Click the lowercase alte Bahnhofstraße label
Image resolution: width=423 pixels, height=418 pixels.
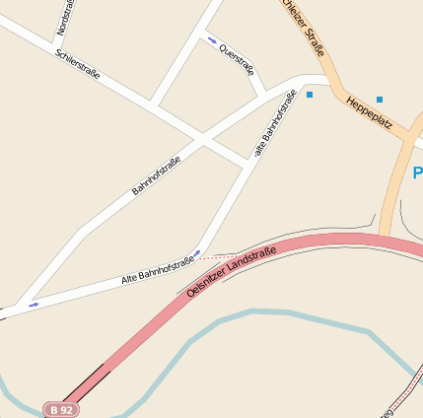(275, 124)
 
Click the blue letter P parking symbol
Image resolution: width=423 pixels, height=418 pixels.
(417, 174)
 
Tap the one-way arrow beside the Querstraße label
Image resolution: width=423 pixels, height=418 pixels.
(212, 40)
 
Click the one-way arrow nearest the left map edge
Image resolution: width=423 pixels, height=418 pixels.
(35, 305)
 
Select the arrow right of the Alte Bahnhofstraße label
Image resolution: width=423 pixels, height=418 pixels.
(197, 253)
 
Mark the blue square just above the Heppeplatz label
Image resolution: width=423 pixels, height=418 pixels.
(380, 99)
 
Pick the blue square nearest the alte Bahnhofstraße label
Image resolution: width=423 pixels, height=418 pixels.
(310, 95)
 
